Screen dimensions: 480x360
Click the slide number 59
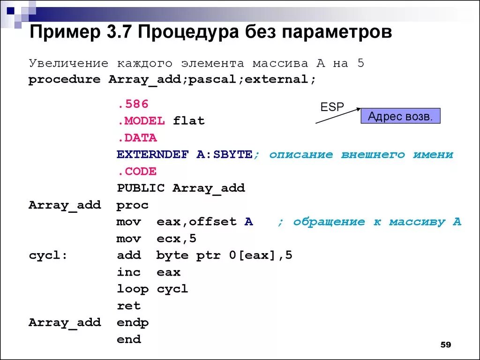[445, 345]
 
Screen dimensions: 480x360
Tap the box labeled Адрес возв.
[400, 116]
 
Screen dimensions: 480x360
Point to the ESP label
[332, 107]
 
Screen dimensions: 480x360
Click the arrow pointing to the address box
[337, 116]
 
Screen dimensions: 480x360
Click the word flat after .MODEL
[188, 121]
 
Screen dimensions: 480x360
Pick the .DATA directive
[136, 138]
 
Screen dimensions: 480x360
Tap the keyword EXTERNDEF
[152, 155]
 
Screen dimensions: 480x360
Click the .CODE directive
[136, 172]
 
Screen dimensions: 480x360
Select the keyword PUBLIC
[141, 188]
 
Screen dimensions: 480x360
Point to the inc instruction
[128, 272]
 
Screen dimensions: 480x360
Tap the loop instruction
[132, 289]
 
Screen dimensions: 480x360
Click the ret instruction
[128, 306]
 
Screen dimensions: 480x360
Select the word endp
[132, 323]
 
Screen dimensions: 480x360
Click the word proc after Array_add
[132, 205]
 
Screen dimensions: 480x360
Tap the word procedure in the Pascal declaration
[65, 80]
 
